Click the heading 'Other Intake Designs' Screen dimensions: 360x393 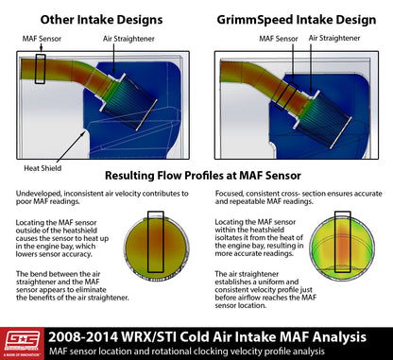tap(96, 18)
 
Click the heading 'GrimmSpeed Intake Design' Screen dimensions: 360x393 tap(295, 18)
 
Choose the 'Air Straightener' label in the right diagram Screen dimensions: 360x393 tap(334, 40)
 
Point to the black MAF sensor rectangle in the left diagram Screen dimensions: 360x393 tap(40, 70)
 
